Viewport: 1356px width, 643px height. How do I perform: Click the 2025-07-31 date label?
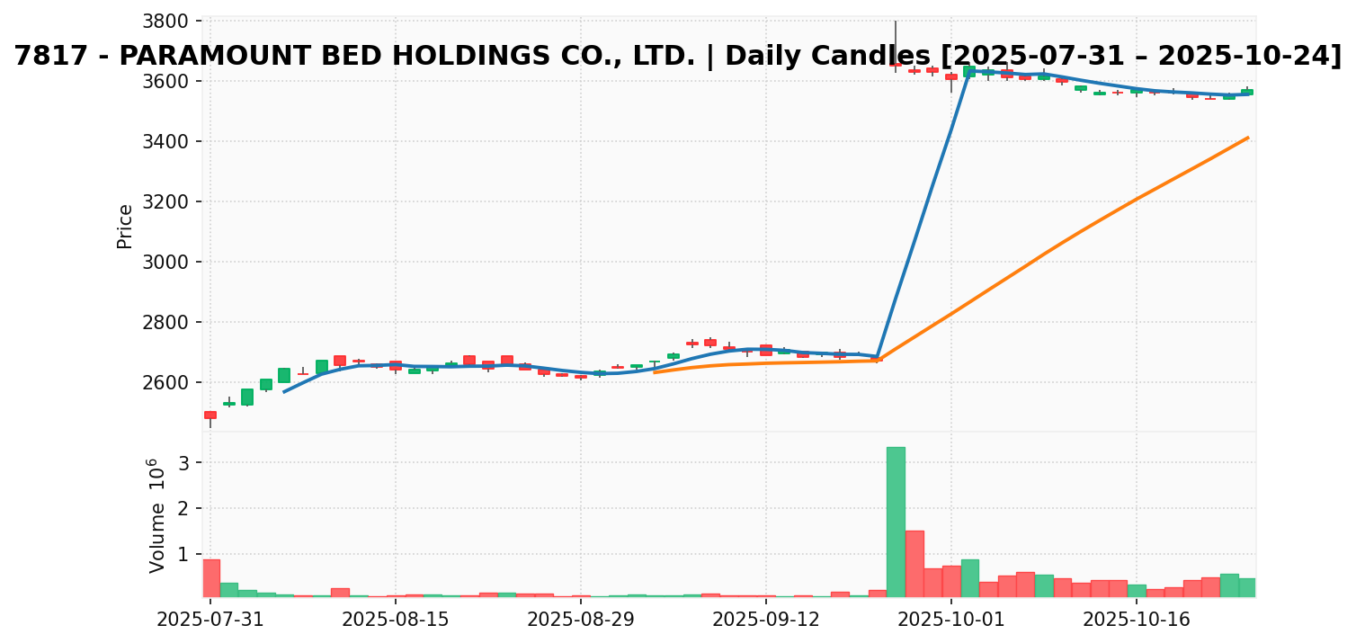[x=210, y=620]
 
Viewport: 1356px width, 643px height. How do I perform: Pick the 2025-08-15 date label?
[x=396, y=620]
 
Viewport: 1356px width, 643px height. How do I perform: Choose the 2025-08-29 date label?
[x=581, y=620]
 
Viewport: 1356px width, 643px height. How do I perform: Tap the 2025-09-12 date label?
[x=766, y=620]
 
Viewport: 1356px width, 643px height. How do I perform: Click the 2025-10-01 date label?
[x=951, y=620]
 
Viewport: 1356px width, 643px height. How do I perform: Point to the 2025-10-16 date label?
[x=1137, y=620]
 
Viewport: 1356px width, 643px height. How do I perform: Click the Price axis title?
[x=125, y=226]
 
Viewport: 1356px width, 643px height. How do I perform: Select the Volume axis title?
[x=157, y=515]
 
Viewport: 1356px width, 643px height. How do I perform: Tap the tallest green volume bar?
[x=896, y=522]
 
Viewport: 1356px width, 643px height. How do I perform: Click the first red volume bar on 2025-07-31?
[x=210, y=577]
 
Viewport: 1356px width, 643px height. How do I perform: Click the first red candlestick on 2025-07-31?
[x=210, y=415]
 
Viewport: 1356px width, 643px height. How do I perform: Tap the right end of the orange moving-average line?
[x=1247, y=138]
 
